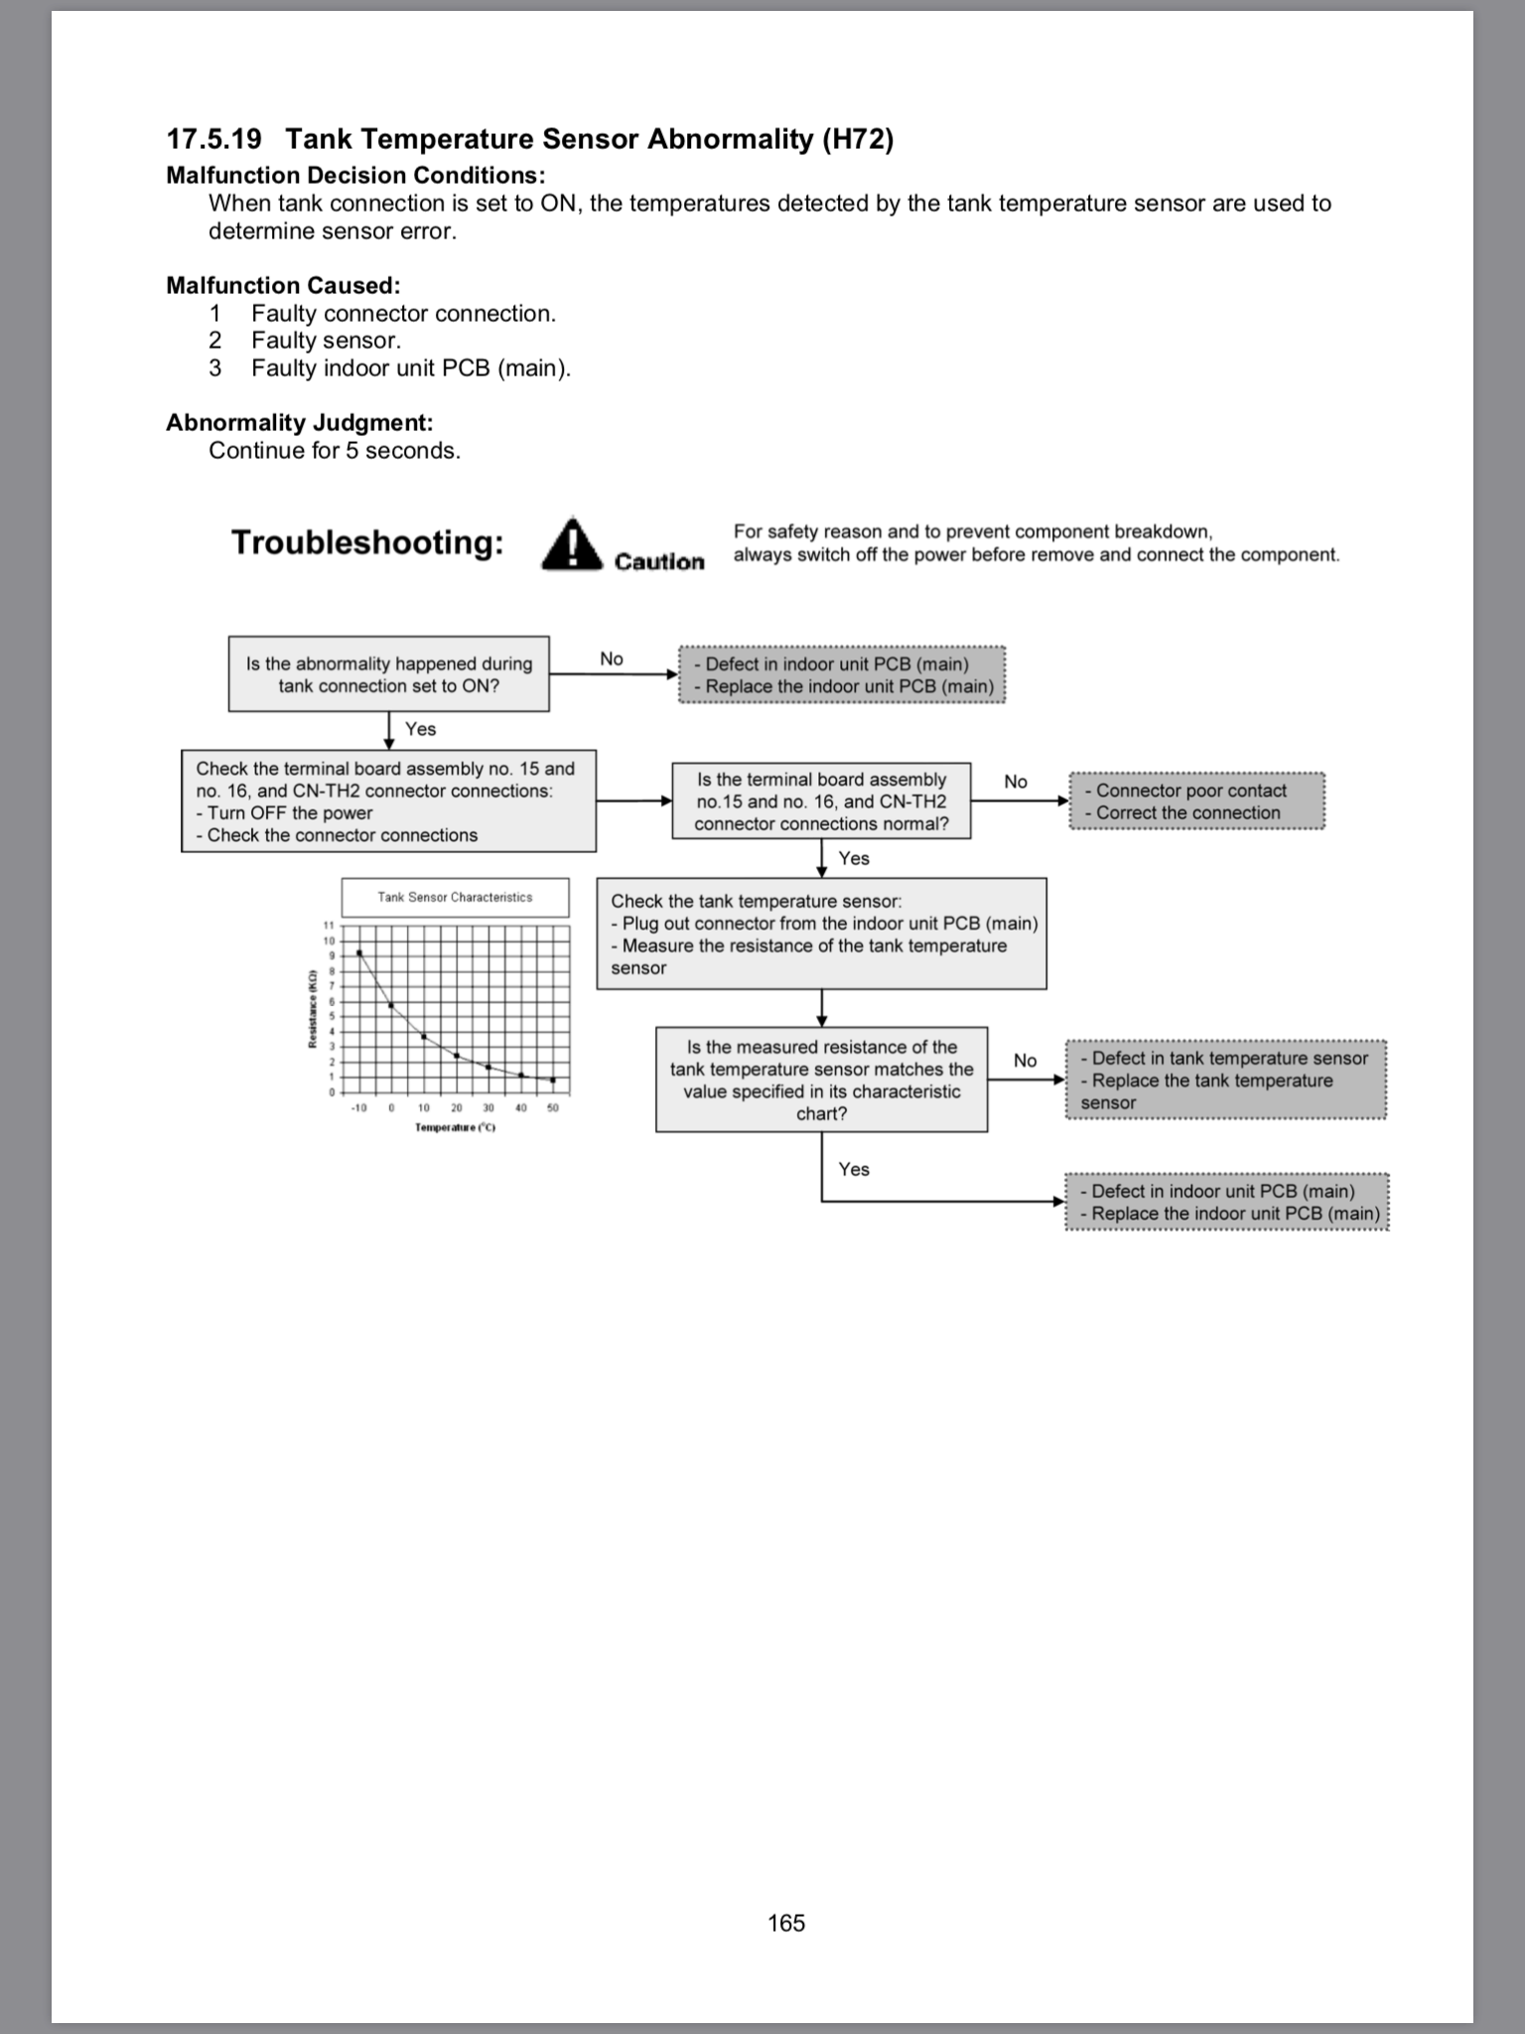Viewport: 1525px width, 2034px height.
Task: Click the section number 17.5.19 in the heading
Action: [213, 139]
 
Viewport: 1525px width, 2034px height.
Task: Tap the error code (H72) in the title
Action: [858, 139]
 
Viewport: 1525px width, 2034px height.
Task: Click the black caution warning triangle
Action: [572, 544]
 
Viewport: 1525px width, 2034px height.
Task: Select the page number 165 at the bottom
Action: [786, 1923]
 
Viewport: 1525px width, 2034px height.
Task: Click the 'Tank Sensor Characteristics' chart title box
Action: [455, 897]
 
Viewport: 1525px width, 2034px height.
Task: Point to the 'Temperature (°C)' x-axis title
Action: [455, 1127]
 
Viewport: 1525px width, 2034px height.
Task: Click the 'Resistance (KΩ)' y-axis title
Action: [312, 1008]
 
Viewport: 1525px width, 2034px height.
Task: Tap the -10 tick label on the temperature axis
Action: [358, 1108]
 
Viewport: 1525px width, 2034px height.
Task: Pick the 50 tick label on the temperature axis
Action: [553, 1108]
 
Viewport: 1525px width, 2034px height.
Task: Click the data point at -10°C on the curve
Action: [359, 952]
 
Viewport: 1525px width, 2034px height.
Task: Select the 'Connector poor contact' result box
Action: [1196, 801]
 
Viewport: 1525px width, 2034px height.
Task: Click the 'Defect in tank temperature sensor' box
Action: [1225, 1080]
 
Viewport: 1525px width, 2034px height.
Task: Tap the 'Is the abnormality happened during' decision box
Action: [388, 674]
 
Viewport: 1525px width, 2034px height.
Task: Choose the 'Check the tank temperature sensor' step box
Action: [821, 934]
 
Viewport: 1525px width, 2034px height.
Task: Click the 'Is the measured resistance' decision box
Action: [821, 1080]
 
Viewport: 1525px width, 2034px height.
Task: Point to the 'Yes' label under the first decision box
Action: [420, 729]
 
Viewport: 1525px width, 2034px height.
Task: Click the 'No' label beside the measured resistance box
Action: [1025, 1061]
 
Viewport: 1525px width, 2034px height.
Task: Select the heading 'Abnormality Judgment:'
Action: [299, 422]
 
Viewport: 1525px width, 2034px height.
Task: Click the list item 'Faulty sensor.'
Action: [326, 341]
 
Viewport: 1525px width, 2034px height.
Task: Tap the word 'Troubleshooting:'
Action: [367, 542]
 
